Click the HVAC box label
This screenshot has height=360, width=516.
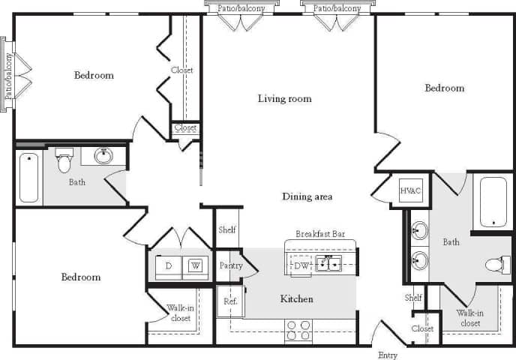coord(411,190)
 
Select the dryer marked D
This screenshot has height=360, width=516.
coord(168,265)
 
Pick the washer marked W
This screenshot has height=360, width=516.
coord(195,265)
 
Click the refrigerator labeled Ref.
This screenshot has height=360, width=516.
coord(230,301)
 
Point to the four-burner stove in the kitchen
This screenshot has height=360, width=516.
coord(298,331)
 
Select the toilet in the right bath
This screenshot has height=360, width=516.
coord(495,264)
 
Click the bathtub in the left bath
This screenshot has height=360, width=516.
coord(28,177)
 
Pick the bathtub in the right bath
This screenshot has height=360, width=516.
coord(493,201)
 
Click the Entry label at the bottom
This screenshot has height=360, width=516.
coord(388,355)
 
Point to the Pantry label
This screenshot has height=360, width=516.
coord(230,265)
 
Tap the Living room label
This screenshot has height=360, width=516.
coord(284,98)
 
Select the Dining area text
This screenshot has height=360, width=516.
coord(307,196)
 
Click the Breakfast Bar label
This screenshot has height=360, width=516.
coord(320,234)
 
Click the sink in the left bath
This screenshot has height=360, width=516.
coord(103,156)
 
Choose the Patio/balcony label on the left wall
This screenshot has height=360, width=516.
coord(8,75)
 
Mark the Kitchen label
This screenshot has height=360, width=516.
coord(296,298)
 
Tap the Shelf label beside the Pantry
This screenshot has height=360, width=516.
coord(227,230)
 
